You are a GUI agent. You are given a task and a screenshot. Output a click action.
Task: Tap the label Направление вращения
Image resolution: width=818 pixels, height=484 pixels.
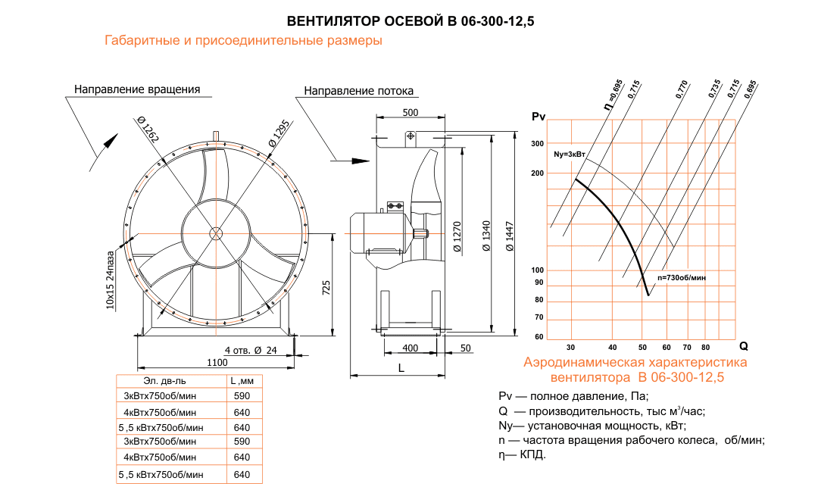click(137, 89)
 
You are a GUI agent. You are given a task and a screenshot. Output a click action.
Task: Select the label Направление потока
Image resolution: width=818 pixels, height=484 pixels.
click(359, 91)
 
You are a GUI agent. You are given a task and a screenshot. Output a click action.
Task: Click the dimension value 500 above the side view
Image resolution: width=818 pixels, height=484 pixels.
click(411, 112)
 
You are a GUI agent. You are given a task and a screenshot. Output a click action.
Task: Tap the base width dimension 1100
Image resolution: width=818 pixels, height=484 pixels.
click(217, 363)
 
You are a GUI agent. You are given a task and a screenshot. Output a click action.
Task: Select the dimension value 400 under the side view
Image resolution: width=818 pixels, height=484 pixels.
click(410, 348)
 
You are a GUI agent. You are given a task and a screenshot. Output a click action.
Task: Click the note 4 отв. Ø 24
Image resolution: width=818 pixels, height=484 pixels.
click(251, 350)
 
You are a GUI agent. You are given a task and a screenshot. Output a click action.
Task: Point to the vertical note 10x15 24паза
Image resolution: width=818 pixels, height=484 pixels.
click(111, 280)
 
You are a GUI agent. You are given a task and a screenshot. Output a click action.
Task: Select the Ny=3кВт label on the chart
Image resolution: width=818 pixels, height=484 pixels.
click(570, 154)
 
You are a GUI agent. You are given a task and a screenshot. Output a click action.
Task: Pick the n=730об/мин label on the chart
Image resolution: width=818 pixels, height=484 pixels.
click(681, 278)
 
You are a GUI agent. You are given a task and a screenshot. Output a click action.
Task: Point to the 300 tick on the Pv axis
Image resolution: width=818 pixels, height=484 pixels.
click(538, 143)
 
